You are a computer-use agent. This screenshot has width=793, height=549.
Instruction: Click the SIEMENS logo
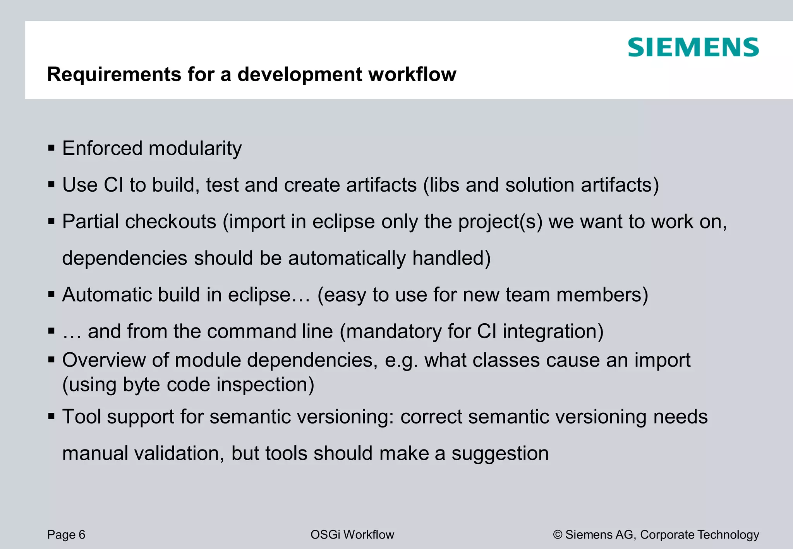pos(693,47)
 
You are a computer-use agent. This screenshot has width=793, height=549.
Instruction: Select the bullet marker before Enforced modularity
pos(51,148)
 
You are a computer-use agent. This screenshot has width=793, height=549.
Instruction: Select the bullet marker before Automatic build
pos(51,295)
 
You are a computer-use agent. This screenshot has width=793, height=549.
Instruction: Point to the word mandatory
pos(391,331)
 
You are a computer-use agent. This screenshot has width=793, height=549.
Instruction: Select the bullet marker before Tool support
pos(51,417)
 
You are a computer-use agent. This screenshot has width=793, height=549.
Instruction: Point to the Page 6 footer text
pos(66,535)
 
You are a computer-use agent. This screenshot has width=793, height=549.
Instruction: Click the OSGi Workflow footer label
pos(352,535)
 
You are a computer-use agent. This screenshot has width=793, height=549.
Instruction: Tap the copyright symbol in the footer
pos(558,535)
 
